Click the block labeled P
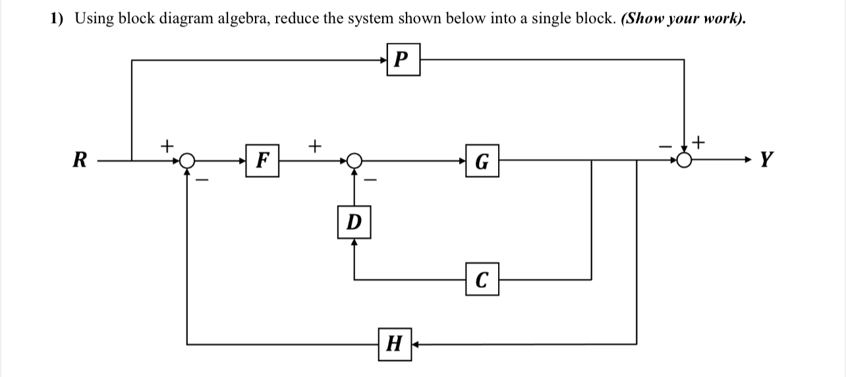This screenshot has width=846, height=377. click(x=403, y=60)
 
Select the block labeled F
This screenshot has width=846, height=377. click(x=262, y=160)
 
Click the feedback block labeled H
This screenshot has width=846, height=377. click(x=395, y=344)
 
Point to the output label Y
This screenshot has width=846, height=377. click(x=766, y=159)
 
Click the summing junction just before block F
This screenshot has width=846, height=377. click(x=188, y=160)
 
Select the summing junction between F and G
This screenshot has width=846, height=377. click(x=354, y=160)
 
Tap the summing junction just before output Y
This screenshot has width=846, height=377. click(x=685, y=160)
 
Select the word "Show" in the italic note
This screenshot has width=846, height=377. click(x=640, y=18)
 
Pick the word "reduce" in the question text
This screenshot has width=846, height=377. click(x=296, y=18)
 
